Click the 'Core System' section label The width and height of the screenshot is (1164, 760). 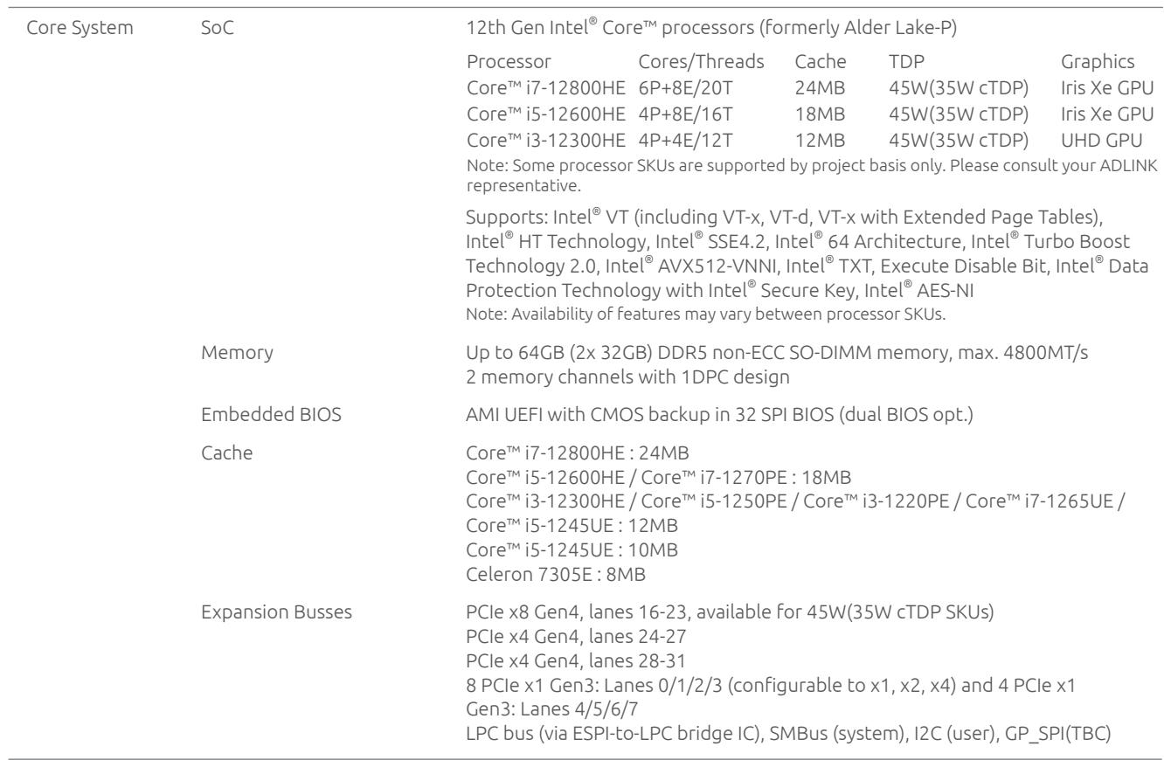coord(80,28)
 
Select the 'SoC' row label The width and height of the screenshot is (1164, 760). coord(218,28)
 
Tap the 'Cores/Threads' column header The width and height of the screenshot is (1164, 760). coord(701,62)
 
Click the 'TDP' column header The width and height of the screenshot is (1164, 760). coord(906,61)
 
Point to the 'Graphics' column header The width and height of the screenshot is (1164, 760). coord(1098,62)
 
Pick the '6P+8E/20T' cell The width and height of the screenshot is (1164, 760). coord(685,87)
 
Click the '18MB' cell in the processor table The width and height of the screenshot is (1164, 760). coord(820,114)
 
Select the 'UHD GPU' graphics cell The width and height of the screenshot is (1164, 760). coord(1102,141)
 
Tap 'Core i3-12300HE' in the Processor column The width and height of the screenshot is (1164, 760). coord(546,141)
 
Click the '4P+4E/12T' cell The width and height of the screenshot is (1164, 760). coord(685,141)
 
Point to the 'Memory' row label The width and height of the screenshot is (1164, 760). coord(237,352)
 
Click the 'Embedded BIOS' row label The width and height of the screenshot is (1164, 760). coord(271,415)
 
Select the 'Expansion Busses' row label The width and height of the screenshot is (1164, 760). coord(276,612)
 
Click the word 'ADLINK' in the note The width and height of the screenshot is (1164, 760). coord(1128,165)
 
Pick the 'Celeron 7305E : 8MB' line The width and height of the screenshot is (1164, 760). coord(556,575)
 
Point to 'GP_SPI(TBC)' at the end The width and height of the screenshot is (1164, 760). coord(1058,734)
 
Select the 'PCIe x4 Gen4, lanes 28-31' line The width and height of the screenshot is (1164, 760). coord(576,660)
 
